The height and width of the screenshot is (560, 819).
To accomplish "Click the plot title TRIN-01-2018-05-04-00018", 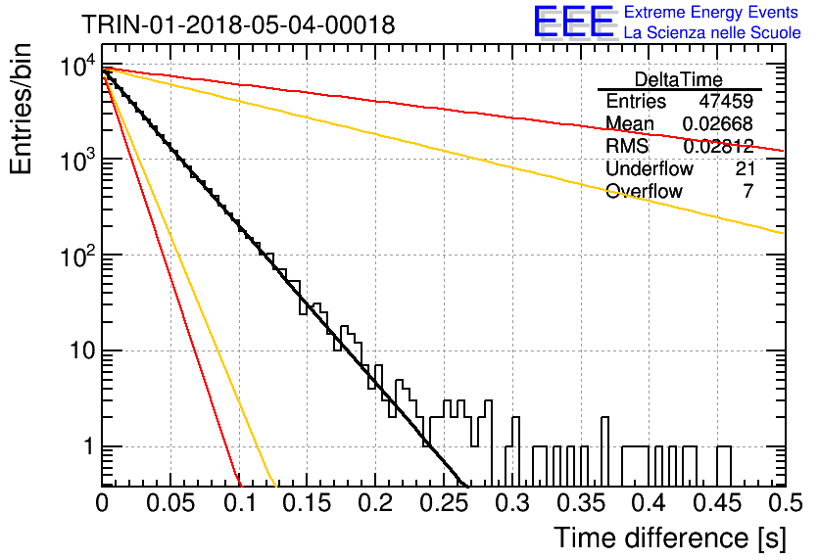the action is click(238, 24).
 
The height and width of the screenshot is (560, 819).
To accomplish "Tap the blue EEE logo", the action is click(574, 22).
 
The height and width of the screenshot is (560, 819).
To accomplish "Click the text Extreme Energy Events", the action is click(711, 12).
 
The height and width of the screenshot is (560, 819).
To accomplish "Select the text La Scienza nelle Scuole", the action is click(712, 32).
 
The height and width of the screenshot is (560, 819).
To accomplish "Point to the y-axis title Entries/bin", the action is click(22, 109).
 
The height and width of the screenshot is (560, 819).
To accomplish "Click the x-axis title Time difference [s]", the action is click(670, 537).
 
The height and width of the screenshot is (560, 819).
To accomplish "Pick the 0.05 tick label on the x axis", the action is click(170, 502).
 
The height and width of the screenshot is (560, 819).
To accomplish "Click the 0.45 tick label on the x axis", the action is click(717, 502).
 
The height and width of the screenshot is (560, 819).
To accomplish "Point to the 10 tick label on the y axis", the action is click(82, 350).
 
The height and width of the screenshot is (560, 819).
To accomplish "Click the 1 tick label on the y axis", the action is click(89, 446).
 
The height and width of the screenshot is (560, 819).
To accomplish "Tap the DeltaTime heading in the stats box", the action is click(679, 79).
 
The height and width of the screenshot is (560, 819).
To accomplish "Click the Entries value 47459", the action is click(726, 101).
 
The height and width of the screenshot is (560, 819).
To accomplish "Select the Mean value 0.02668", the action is click(718, 123).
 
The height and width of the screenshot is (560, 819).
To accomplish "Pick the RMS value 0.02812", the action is click(718, 146).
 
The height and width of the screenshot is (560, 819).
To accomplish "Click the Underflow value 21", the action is click(745, 168).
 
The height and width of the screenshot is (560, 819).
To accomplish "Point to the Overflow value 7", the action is click(748, 191).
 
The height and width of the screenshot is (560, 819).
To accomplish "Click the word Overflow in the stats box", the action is click(644, 191).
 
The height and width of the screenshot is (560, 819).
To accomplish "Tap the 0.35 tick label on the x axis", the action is click(581, 502).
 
